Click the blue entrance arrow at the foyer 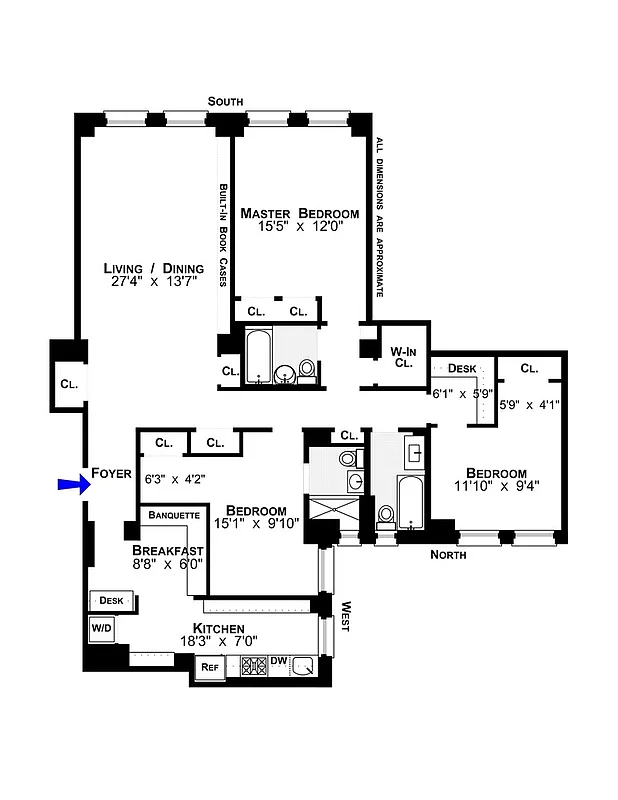coord(72,485)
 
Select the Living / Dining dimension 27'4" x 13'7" coord(154,283)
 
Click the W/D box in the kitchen coord(102,628)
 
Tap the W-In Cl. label coord(402,357)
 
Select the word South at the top coord(225,101)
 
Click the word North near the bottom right coord(448,554)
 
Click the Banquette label coord(174,516)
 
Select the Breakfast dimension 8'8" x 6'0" coord(168,564)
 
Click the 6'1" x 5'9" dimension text coord(459,394)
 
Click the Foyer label coord(111,473)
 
